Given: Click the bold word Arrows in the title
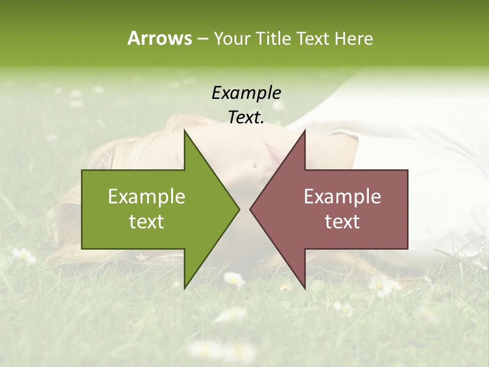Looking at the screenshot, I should (x=159, y=38).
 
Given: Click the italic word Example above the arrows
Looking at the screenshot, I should (x=246, y=93).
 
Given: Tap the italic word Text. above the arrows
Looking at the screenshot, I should (x=246, y=117).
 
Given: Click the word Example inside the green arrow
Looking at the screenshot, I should (x=147, y=196).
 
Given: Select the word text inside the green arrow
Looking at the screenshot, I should (x=147, y=221).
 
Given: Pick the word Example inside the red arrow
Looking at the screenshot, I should (x=342, y=196).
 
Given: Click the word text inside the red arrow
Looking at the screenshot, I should (x=342, y=221).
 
